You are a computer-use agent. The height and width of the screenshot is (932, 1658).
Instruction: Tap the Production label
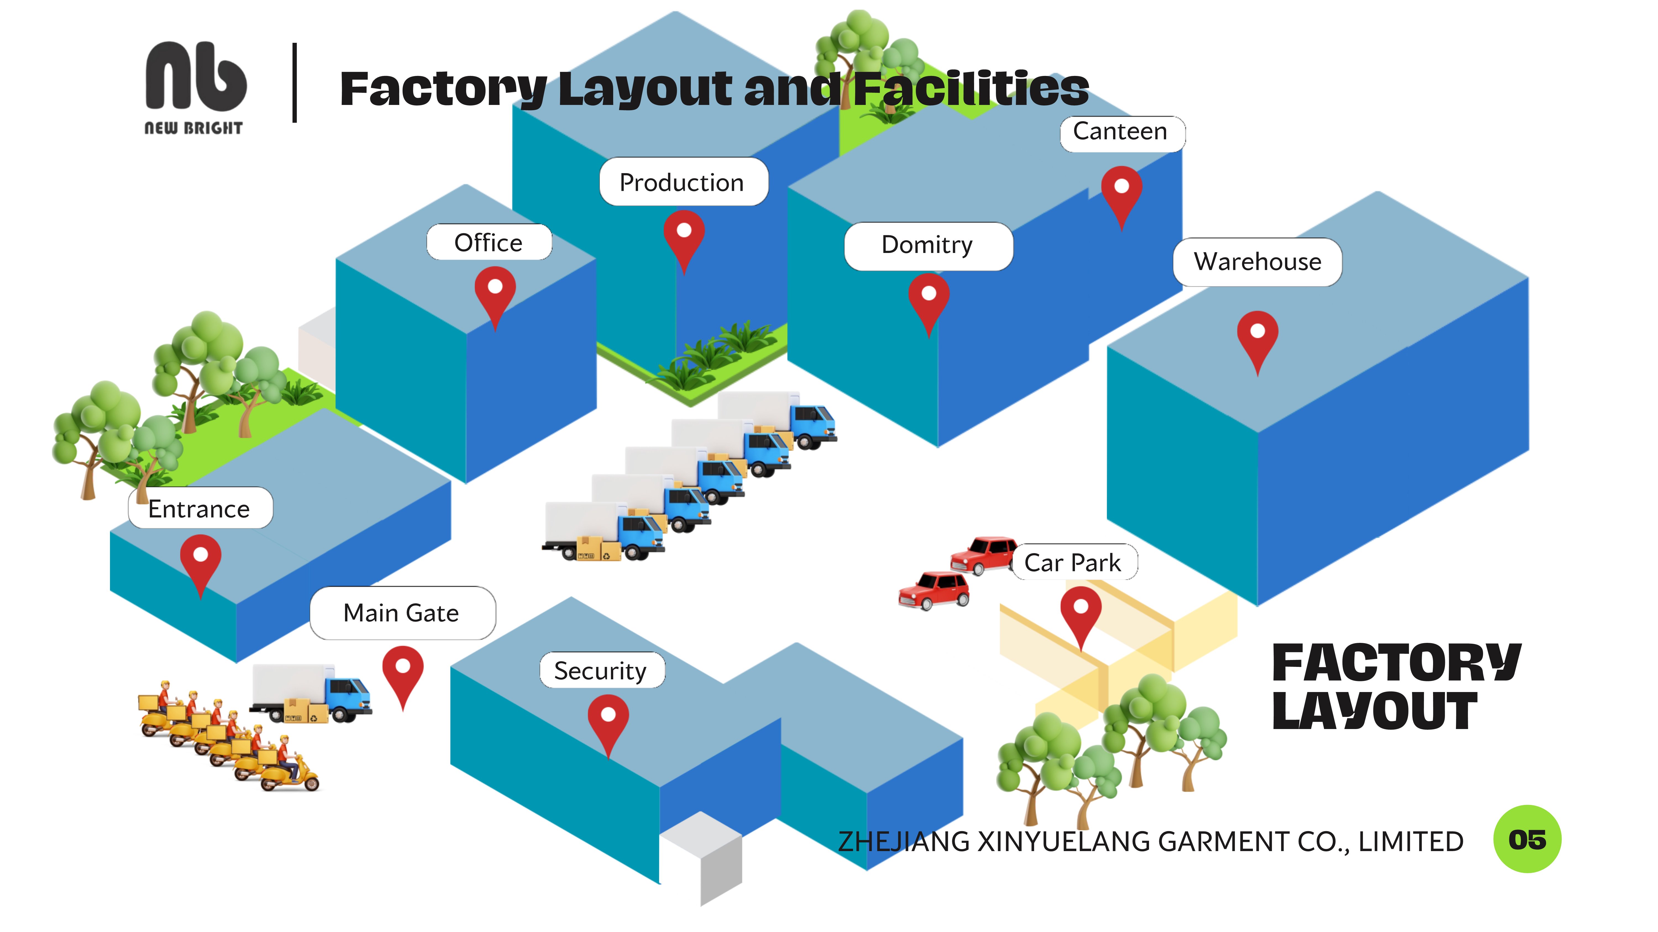pos(683,183)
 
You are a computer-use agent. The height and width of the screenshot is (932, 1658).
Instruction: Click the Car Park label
pos(1073,563)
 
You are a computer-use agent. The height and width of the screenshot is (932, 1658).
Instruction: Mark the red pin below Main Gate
pos(403,670)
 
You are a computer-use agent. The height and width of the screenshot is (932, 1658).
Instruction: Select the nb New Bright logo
pos(194,87)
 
